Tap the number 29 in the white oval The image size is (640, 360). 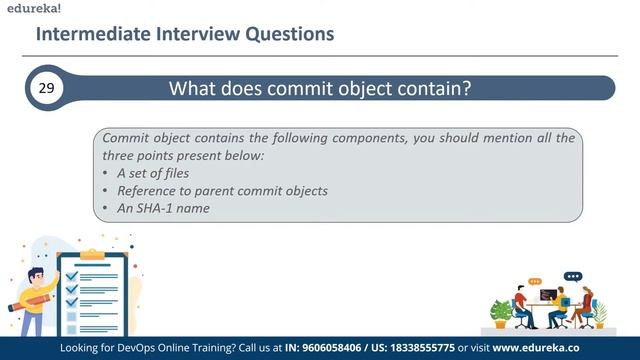pyautogui.click(x=46, y=88)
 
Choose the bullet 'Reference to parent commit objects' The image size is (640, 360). pyautogui.click(x=222, y=190)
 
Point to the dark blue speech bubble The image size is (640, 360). pyautogui.click(x=572, y=276)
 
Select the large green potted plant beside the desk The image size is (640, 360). pyautogui.click(x=500, y=311)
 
